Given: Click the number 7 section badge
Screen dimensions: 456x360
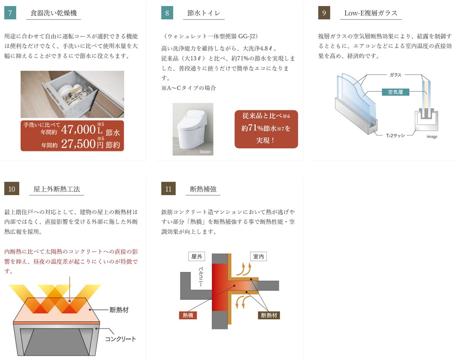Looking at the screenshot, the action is [x=10, y=13].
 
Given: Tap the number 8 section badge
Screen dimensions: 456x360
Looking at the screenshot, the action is [x=167, y=13].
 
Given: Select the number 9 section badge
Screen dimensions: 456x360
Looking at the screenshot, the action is [x=324, y=13].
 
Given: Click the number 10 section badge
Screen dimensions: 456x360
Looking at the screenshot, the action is [x=12, y=189].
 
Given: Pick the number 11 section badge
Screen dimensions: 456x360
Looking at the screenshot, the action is [x=168, y=189].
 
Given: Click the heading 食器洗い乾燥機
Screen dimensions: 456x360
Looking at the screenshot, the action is [x=54, y=13].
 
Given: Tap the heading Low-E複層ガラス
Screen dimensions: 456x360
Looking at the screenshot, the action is [x=371, y=13].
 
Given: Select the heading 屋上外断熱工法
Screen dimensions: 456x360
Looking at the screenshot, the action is [x=57, y=189].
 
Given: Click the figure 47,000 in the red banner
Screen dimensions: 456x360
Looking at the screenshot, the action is [x=78, y=130].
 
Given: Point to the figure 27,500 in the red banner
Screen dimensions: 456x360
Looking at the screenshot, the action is [x=78, y=143].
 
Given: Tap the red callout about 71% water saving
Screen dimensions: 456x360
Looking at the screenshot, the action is [x=266, y=129].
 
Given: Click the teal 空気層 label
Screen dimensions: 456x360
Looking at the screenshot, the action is [x=395, y=92].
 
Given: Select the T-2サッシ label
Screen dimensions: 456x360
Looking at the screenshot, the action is [x=395, y=135].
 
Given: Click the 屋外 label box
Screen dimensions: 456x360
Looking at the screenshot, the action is [x=196, y=257].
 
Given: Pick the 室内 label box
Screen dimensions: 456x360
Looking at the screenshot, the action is [x=259, y=257].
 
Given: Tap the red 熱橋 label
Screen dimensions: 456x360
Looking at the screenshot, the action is [x=188, y=315].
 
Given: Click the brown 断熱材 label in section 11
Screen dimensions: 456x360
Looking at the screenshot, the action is [x=269, y=315].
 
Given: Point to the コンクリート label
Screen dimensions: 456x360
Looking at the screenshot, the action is [x=120, y=339].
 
